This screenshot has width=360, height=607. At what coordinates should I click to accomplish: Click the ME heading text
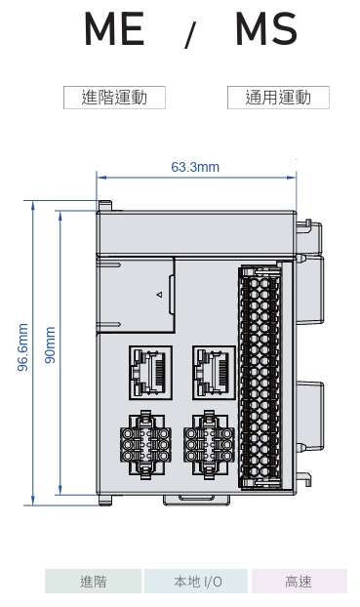[114, 29]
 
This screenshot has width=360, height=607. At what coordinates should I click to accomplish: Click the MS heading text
[266, 29]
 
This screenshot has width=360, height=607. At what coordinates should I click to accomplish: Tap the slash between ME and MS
[190, 35]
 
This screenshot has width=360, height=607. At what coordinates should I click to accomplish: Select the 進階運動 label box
[114, 98]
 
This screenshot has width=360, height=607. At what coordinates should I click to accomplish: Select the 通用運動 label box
[278, 98]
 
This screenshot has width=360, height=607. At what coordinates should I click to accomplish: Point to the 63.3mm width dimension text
[195, 167]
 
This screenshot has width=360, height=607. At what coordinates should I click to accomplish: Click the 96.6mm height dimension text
[23, 346]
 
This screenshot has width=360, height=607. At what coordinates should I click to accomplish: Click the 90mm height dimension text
[51, 344]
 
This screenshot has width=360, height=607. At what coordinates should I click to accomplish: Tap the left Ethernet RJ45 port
[150, 373]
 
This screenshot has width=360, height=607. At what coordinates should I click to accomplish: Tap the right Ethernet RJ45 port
[214, 373]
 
